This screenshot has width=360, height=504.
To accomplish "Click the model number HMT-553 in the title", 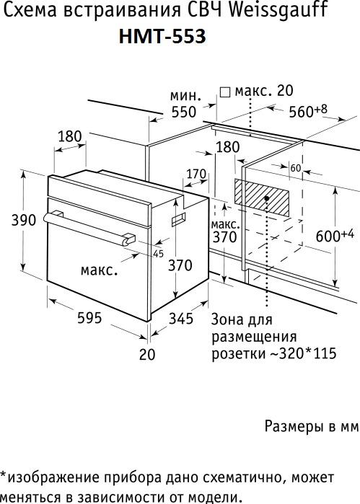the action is [x=162, y=36].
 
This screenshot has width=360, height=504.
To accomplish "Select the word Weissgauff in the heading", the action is [x=279, y=10].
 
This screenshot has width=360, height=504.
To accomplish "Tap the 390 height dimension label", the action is [x=24, y=220].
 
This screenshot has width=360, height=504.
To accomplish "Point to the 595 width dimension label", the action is [x=89, y=317].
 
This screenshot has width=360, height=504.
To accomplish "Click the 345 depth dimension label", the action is [x=181, y=318].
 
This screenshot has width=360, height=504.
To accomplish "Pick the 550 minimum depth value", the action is [x=184, y=112].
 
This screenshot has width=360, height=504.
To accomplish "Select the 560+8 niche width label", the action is [x=308, y=110].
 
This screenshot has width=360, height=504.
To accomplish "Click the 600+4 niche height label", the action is [x=335, y=235].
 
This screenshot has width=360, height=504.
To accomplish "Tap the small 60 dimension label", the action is [x=295, y=168].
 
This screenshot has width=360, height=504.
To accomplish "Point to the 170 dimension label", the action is [x=196, y=174].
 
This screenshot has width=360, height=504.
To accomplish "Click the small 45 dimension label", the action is [x=158, y=254].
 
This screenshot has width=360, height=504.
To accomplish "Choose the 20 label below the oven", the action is [x=147, y=354].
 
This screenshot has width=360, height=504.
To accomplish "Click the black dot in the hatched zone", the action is [x=267, y=198].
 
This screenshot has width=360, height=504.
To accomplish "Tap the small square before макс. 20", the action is [x=225, y=92].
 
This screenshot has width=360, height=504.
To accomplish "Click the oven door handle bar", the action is [x=89, y=229].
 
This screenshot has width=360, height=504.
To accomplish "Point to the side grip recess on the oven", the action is [x=179, y=218].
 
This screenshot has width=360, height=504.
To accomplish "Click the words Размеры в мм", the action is [x=311, y=426].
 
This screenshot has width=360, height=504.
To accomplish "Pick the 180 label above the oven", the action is [x=70, y=136].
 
